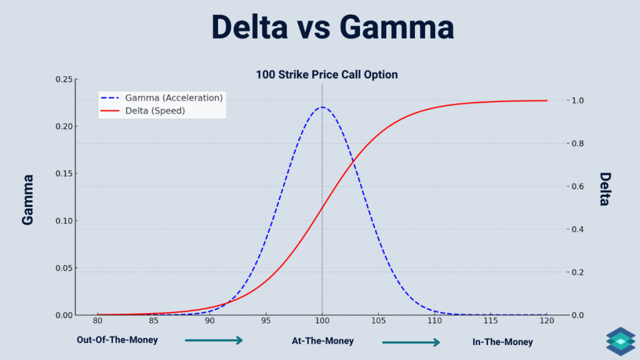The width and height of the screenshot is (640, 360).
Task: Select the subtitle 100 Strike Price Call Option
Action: point(326,74)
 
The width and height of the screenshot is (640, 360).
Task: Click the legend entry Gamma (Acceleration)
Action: point(174,98)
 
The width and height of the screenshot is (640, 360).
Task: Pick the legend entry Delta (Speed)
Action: point(155,111)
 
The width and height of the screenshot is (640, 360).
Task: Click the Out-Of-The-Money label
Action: point(117,341)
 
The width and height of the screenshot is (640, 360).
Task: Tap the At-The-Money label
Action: point(322,341)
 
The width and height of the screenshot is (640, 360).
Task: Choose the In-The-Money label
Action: point(502,342)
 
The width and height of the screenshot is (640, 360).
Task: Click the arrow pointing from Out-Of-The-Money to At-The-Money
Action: point(214,341)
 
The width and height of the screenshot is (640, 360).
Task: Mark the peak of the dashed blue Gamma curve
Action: point(322,107)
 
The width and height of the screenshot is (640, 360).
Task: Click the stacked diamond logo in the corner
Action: point(620,341)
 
